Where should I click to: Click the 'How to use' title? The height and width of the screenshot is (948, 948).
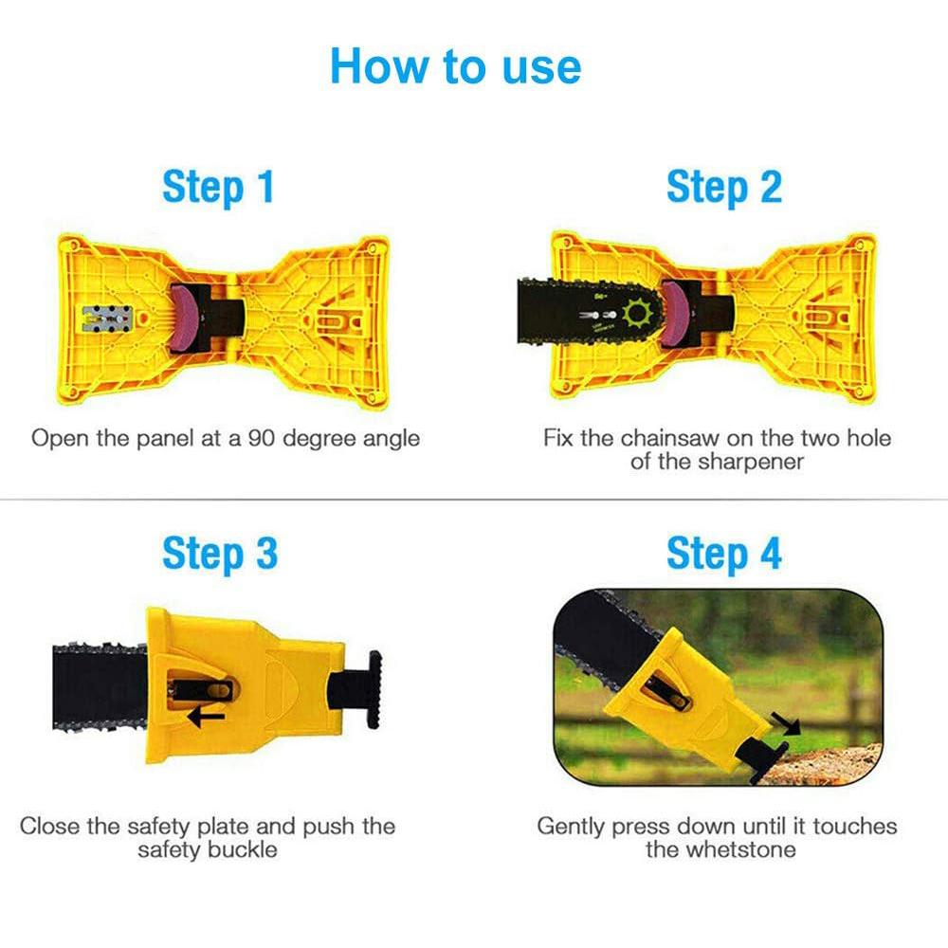coord(455,66)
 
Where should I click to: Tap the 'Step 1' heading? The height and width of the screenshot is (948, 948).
coord(218,188)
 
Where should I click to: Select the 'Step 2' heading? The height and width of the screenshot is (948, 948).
coord(723,188)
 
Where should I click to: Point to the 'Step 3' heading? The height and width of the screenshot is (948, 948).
coord(220,554)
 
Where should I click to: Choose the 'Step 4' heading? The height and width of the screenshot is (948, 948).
coord(723,554)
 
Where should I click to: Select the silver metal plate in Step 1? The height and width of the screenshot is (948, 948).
coord(107,319)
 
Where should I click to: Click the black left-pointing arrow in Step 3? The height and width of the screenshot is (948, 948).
coord(206,718)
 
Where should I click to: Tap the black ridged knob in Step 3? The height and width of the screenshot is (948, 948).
coord(373,689)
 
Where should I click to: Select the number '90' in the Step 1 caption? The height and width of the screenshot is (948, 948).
coord(263,438)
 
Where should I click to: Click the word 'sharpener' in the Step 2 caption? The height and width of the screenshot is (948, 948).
coord(751,462)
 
